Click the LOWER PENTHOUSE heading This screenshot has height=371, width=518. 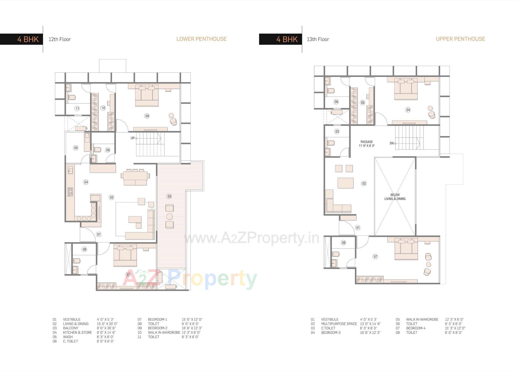click(x=201, y=39)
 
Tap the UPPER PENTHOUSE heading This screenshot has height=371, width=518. click(x=460, y=39)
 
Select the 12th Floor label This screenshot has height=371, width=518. click(x=59, y=39)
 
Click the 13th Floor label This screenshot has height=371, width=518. click(x=318, y=39)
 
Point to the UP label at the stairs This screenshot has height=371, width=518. click(x=132, y=138)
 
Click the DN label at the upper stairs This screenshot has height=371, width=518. click(x=391, y=143)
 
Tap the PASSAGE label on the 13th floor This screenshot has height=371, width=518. click(x=367, y=142)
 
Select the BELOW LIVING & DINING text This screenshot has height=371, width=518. click(x=395, y=197)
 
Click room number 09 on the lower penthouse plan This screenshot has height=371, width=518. click(x=147, y=116)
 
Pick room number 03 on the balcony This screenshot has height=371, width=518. click(x=169, y=196)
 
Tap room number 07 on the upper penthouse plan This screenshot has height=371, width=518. click(x=375, y=257)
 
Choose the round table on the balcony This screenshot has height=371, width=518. click(x=169, y=217)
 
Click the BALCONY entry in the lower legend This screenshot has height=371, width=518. click(x=70, y=328)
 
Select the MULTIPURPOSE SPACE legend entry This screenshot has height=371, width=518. click(x=339, y=324)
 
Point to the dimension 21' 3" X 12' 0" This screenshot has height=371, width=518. click(x=455, y=328)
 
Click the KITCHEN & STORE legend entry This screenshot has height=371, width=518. click(x=77, y=332)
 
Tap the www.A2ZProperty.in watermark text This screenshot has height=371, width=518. click(x=251, y=238)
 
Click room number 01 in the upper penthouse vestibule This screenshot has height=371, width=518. click(x=358, y=228)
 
